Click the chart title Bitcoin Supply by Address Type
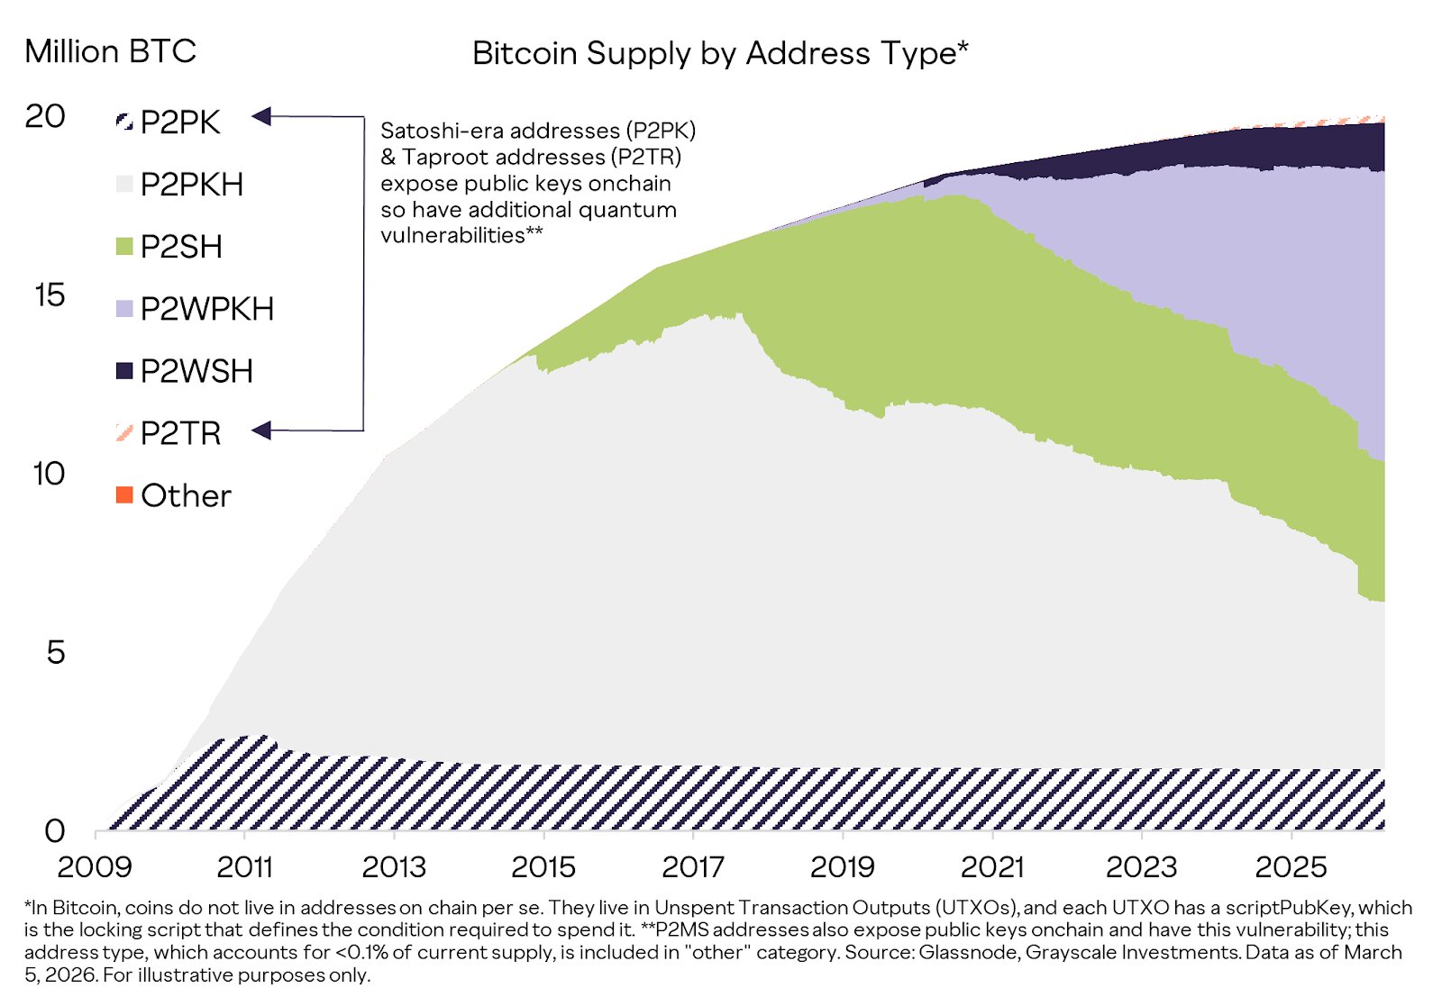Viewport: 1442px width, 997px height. click(x=719, y=53)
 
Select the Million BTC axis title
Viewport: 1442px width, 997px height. click(x=110, y=51)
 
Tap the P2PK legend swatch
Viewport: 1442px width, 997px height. click(x=124, y=121)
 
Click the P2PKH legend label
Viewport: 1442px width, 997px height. click(x=192, y=184)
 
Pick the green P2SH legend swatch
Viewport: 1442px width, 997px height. click(x=124, y=246)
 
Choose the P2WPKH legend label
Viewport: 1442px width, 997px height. click(x=207, y=309)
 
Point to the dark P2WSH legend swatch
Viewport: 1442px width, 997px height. click(x=124, y=370)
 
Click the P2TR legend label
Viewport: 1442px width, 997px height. click(x=180, y=433)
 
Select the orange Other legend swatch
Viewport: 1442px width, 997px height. click(x=124, y=494)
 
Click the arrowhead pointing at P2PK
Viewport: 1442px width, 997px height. click(x=261, y=116)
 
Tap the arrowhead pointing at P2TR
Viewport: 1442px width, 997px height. click(x=261, y=431)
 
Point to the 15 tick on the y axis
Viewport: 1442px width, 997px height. click(x=50, y=295)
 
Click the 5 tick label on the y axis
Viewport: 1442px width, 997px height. click(x=56, y=652)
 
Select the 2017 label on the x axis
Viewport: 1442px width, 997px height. click(x=692, y=866)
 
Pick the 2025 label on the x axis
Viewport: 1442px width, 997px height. click(x=1291, y=866)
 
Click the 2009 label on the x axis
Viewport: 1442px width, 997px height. click(x=95, y=866)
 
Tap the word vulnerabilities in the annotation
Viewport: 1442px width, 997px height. click(x=452, y=235)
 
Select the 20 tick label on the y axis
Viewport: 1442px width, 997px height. click(x=45, y=116)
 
